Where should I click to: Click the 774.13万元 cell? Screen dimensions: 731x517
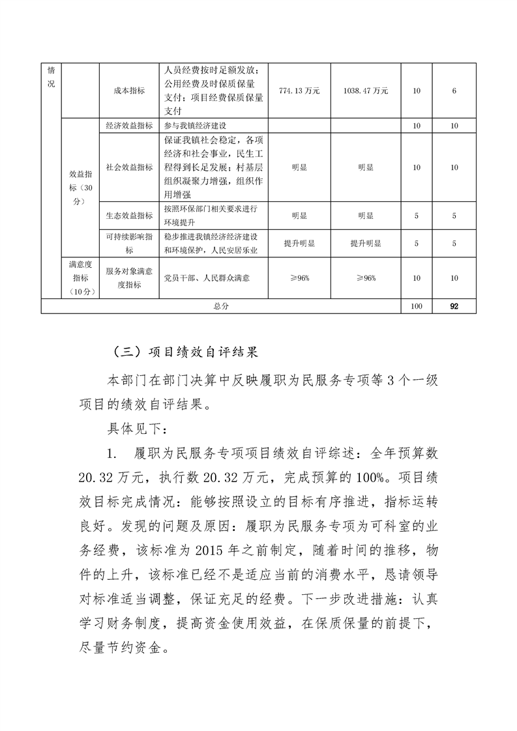299,91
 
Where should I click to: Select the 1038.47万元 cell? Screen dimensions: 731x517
365,91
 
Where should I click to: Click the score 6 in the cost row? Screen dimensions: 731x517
454,91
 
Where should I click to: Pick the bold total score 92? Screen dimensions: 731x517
454,306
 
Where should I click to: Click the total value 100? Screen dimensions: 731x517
417,306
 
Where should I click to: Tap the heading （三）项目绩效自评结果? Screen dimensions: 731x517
186,352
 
